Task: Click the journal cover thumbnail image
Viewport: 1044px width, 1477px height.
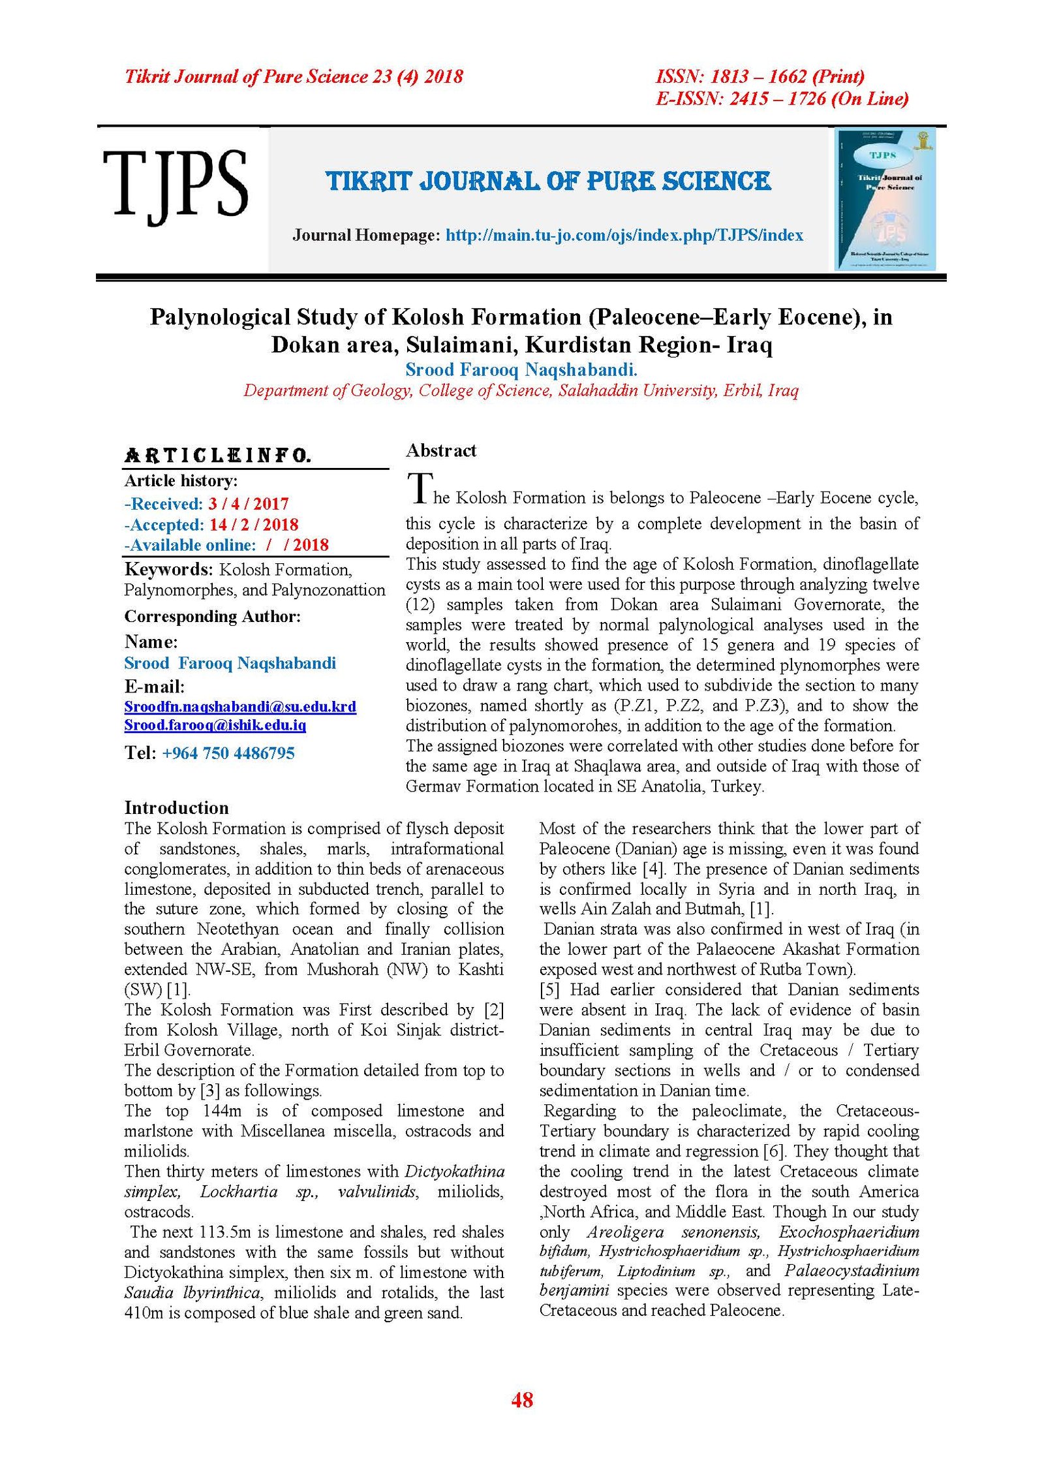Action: pos(885,199)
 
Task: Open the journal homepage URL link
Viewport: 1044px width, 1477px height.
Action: pos(624,236)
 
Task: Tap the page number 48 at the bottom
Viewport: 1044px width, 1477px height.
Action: pos(522,1400)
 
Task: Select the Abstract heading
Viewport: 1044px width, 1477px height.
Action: pos(440,450)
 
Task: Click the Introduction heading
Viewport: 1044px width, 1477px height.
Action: pos(176,808)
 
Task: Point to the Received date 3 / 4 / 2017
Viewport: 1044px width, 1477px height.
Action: pos(249,504)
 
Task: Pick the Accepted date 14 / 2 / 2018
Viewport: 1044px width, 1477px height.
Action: pos(254,525)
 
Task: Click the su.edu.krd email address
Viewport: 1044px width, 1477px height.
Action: pos(240,707)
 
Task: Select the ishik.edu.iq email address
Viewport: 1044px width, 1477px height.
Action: pos(215,725)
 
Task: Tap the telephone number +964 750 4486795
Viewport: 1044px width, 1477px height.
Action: pos(228,753)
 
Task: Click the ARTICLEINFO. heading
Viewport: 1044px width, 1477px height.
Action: pos(217,456)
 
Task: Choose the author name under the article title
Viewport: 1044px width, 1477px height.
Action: pos(521,370)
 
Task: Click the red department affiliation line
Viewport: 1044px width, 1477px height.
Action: pos(521,391)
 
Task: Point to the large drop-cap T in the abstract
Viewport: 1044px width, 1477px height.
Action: pos(420,488)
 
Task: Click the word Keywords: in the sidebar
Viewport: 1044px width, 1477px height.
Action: pos(168,570)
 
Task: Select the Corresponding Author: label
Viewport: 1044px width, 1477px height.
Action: pos(213,617)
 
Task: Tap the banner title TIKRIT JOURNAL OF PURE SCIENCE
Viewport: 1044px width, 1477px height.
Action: pos(548,181)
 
